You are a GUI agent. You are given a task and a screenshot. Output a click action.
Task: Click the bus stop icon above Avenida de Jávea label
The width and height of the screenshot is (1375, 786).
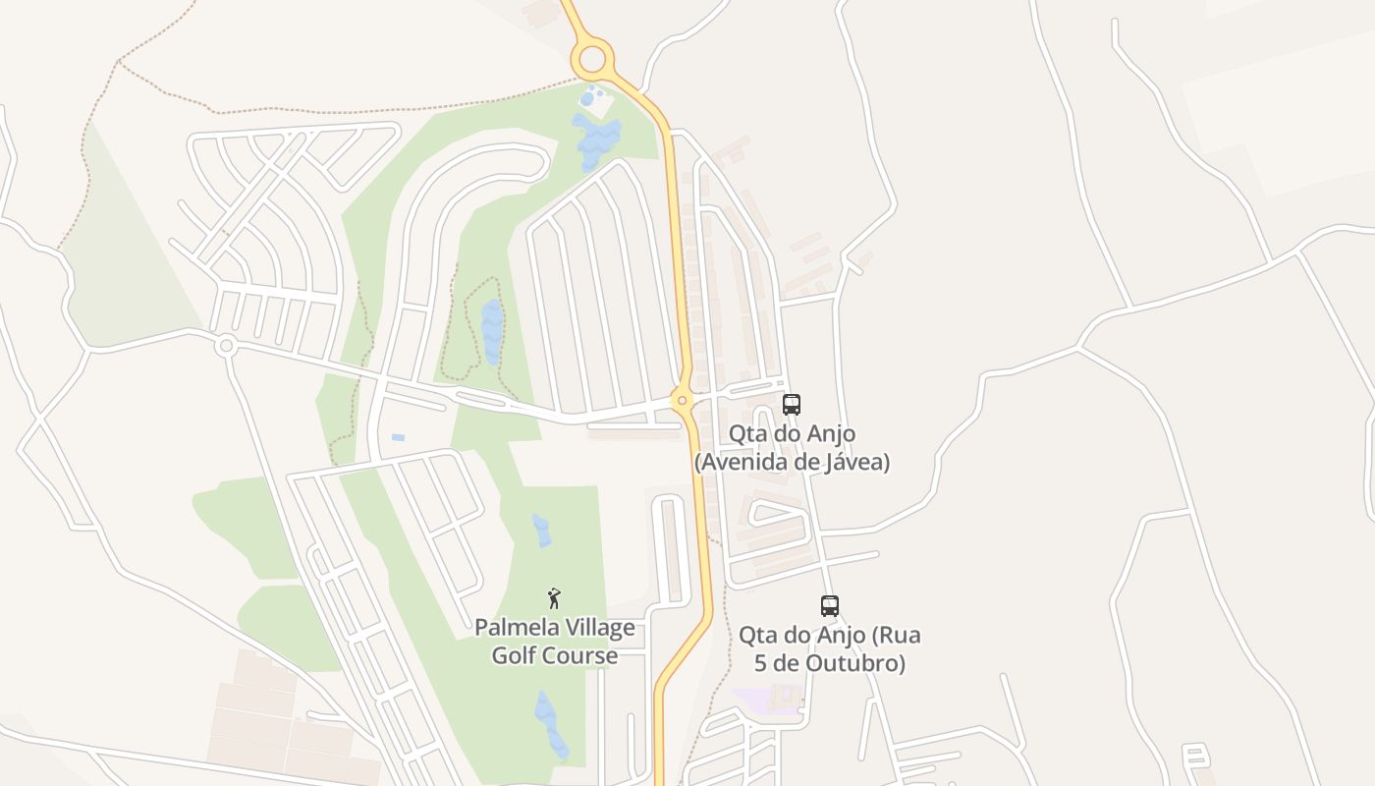(x=791, y=404)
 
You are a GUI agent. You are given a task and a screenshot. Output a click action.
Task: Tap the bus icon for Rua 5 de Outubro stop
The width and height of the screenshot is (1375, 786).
(x=830, y=606)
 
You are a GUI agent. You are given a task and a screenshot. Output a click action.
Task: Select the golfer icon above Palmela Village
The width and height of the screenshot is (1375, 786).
(x=554, y=597)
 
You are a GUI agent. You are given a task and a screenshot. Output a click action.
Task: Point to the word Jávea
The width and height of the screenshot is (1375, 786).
(x=852, y=462)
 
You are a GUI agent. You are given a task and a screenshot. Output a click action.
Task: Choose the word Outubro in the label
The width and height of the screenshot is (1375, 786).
(x=855, y=663)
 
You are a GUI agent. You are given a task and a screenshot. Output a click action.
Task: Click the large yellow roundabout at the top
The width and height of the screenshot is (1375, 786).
(x=592, y=60)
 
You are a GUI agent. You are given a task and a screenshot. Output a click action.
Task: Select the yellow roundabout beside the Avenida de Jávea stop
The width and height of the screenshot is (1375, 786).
(x=682, y=400)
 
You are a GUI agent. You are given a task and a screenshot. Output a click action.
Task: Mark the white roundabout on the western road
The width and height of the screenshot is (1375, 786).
(x=226, y=345)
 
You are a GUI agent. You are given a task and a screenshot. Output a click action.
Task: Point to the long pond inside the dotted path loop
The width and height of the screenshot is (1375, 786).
(x=491, y=331)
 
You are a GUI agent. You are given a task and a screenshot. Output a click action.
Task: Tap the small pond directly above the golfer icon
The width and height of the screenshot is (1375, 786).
(x=541, y=531)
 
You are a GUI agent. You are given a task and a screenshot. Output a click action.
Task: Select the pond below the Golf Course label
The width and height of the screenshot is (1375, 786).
(x=550, y=724)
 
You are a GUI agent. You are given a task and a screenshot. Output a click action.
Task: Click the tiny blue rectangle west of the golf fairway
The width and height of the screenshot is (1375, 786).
(x=397, y=437)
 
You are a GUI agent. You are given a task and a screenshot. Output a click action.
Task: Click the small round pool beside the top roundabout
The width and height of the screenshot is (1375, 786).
(x=586, y=99)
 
